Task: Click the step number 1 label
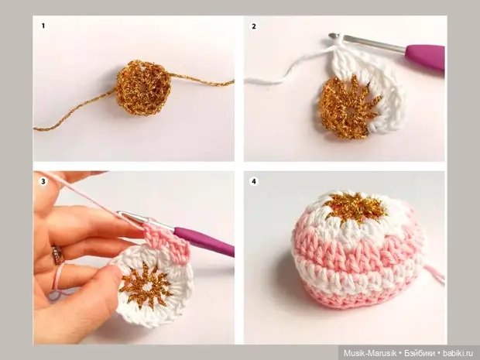(x=43, y=26)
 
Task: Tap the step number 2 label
(x=254, y=26)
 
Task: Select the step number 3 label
(x=43, y=181)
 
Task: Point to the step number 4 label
(x=254, y=181)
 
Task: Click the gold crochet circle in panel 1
(x=143, y=87)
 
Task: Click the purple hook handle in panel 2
(x=426, y=57)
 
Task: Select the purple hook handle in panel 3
(x=204, y=241)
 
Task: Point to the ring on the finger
(x=58, y=255)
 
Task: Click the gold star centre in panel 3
(x=146, y=286)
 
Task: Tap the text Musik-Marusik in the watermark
(x=370, y=353)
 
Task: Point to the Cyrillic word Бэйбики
(x=419, y=353)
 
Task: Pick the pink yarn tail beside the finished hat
(x=434, y=273)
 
